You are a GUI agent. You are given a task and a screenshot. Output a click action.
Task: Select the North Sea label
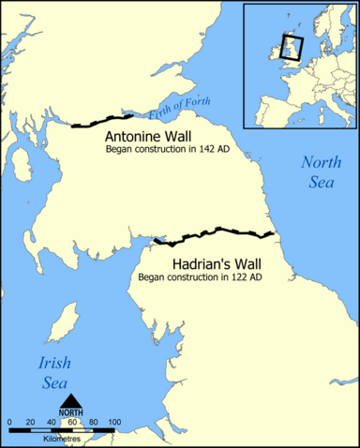tap(321, 172)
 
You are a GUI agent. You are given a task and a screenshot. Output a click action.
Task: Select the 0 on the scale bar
tap(9, 425)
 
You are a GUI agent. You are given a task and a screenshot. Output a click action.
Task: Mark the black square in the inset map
tap(291, 47)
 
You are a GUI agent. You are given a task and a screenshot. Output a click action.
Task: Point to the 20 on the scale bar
tap(30, 425)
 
